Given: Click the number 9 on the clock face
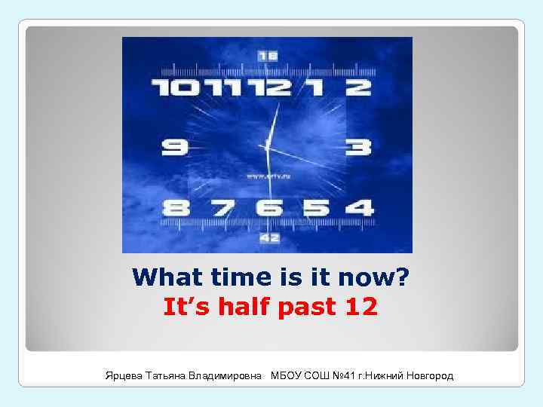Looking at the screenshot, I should pyautogui.click(x=175, y=145).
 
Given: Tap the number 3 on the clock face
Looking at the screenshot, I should pyautogui.click(x=358, y=146).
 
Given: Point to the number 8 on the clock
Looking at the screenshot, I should pyautogui.click(x=176, y=207).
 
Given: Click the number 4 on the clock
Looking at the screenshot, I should pyautogui.click(x=359, y=207).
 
